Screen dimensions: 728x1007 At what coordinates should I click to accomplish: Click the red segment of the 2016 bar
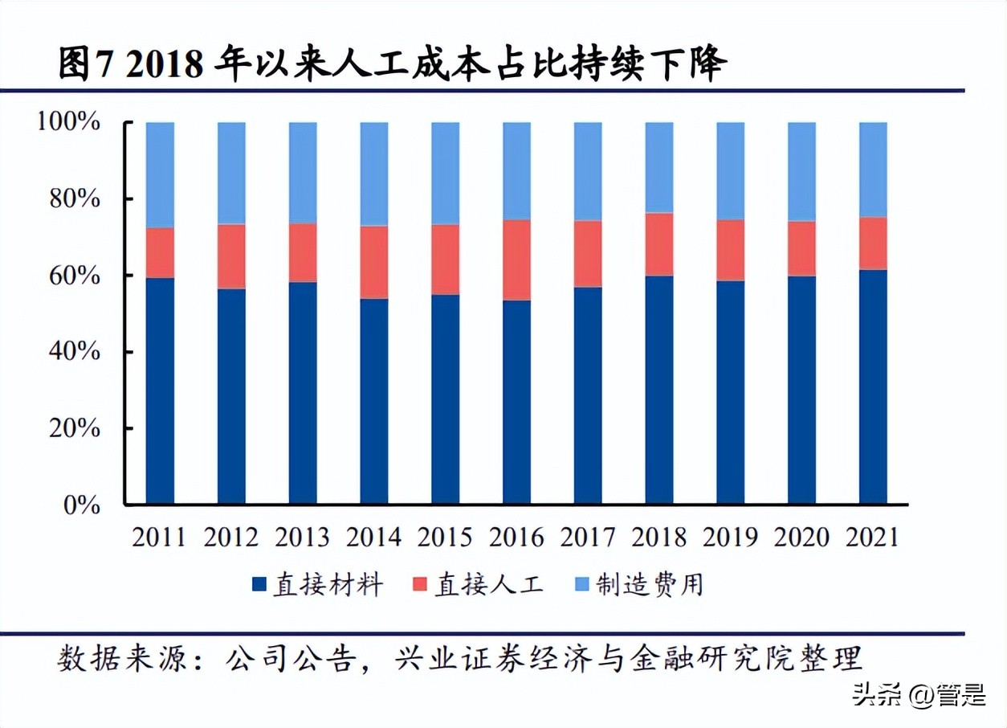point(516,260)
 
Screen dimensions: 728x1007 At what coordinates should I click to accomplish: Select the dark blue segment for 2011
point(160,391)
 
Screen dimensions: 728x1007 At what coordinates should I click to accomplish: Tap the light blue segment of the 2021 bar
point(873,170)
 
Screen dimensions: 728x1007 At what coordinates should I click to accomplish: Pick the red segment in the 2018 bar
point(659,244)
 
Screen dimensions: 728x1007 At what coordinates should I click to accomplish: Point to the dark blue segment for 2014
point(373,401)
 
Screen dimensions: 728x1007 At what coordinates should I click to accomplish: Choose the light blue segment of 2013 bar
point(303,173)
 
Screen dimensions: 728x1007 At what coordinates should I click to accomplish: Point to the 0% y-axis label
point(79,505)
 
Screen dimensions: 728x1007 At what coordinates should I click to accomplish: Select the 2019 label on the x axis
point(730,537)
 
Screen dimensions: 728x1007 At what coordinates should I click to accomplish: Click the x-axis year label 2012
point(231,537)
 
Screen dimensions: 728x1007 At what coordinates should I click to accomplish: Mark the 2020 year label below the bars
point(801,537)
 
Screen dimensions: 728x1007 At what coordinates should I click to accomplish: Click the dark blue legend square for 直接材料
point(259,584)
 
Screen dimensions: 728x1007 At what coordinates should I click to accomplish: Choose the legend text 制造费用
point(650,584)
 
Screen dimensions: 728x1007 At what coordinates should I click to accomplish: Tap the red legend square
point(420,584)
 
